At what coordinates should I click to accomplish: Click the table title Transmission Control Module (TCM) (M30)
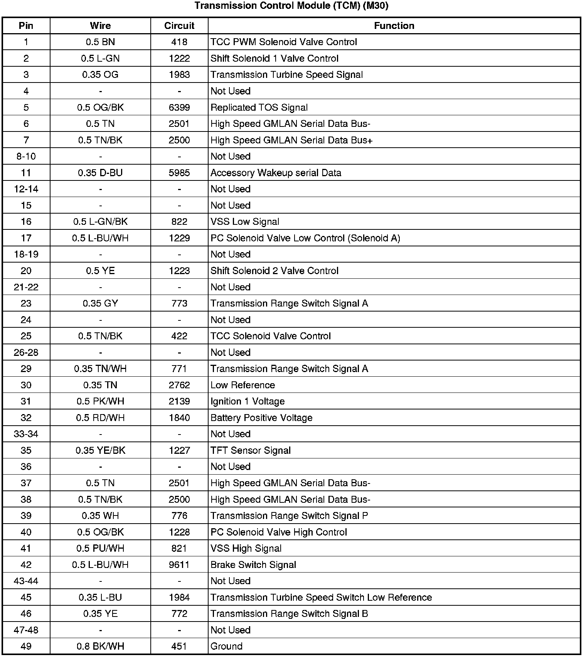point(291,6)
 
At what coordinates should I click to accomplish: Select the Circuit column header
point(179,26)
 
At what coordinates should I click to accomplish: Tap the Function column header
point(394,26)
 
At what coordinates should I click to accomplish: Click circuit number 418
point(179,42)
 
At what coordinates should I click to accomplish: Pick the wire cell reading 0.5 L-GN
point(100,59)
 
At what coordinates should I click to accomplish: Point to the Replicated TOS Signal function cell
point(259,108)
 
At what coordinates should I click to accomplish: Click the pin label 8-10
point(26,157)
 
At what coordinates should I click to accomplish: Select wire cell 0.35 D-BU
point(100,173)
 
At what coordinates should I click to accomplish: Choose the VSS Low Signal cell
point(245,222)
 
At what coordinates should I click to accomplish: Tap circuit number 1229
point(179,238)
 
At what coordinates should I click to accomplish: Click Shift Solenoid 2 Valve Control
point(274,271)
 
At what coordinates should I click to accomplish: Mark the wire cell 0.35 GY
point(100,303)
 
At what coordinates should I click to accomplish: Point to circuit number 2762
point(179,385)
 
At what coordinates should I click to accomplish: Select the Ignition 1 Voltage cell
point(248,401)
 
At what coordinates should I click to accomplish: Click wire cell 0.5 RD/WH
point(100,418)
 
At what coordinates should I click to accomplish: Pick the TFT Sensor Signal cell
point(251,450)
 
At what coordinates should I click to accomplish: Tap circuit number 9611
point(179,565)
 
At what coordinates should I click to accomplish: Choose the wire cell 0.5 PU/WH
point(100,548)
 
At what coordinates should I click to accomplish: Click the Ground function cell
point(227,646)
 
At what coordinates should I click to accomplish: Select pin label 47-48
point(26,630)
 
